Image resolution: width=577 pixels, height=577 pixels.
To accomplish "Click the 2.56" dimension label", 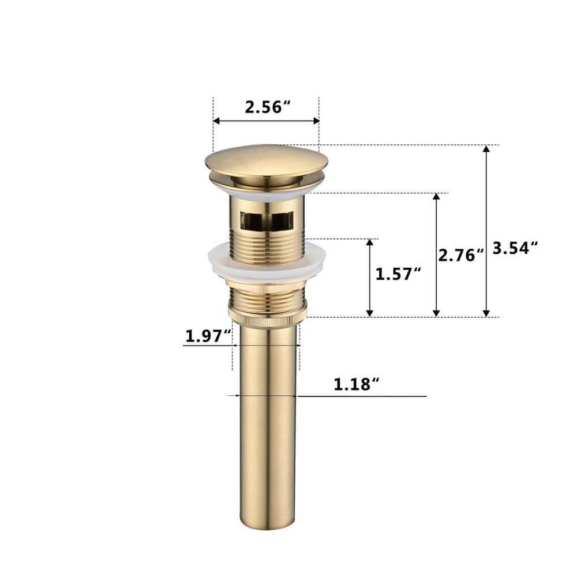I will pos(267,107).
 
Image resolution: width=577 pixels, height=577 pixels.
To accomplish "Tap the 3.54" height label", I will pos(515,248).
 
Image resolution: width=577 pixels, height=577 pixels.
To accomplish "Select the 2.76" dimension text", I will pos(460,255).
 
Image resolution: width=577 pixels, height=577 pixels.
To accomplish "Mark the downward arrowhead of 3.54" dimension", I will pos(486,313).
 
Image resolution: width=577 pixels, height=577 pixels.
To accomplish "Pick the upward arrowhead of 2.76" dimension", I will pos(437,197).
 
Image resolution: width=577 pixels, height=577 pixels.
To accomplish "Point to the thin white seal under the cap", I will pos(267,193).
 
